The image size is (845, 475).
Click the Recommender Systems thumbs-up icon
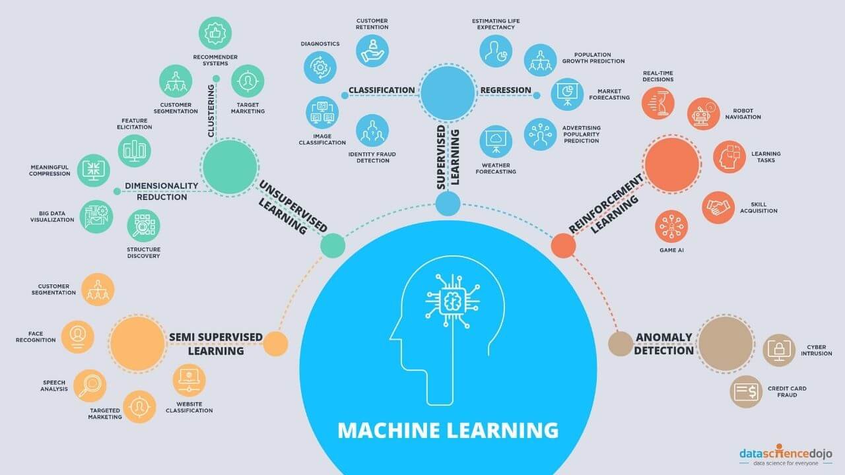tap(215, 32)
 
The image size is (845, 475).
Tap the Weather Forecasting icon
tap(496, 141)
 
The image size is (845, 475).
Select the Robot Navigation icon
tap(703, 114)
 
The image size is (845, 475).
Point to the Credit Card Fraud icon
tap(746, 391)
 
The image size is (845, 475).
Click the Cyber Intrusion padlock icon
tap(779, 350)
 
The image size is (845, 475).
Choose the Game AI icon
tap(671, 226)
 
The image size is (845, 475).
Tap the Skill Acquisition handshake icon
tap(718, 207)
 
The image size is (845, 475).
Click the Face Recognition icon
tap(78, 336)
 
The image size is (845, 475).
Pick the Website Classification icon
tap(189, 380)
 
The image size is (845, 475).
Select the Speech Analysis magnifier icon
tap(89, 385)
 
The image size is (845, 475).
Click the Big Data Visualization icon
tap(96, 216)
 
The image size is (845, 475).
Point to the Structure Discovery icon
tap(143, 226)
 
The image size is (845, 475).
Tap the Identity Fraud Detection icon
tap(372, 130)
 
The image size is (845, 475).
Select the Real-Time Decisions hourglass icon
tap(658, 103)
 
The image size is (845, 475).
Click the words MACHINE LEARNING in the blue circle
tap(448, 430)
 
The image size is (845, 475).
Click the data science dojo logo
tap(786, 455)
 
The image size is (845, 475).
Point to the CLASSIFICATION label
tap(382, 90)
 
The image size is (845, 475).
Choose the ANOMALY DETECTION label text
tap(664, 344)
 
